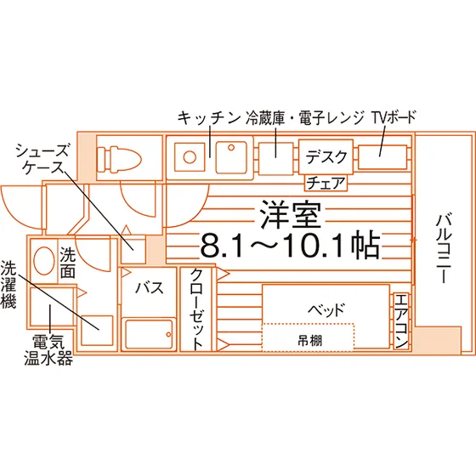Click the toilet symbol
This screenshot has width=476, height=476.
(119, 158)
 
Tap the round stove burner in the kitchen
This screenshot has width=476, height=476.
(190, 157)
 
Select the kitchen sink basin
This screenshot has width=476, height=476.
(231, 157)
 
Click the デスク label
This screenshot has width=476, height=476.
(326, 156)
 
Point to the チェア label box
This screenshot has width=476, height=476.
(326, 183)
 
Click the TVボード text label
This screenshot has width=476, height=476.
(394, 117)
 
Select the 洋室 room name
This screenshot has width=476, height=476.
(291, 214)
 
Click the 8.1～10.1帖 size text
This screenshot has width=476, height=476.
(290, 245)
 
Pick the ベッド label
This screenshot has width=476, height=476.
(326, 309)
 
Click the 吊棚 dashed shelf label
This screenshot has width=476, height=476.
(309, 341)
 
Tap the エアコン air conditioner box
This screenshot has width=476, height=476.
(401, 321)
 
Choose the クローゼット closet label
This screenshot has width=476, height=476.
(196, 309)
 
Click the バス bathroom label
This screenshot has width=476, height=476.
(150, 287)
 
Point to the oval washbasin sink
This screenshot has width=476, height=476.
(44, 261)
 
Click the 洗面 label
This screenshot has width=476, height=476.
(67, 263)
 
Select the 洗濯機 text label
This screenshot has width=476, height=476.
(8, 285)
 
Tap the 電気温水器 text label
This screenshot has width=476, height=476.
(48, 349)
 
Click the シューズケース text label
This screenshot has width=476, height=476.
(42, 158)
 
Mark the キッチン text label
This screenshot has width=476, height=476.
(208, 118)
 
